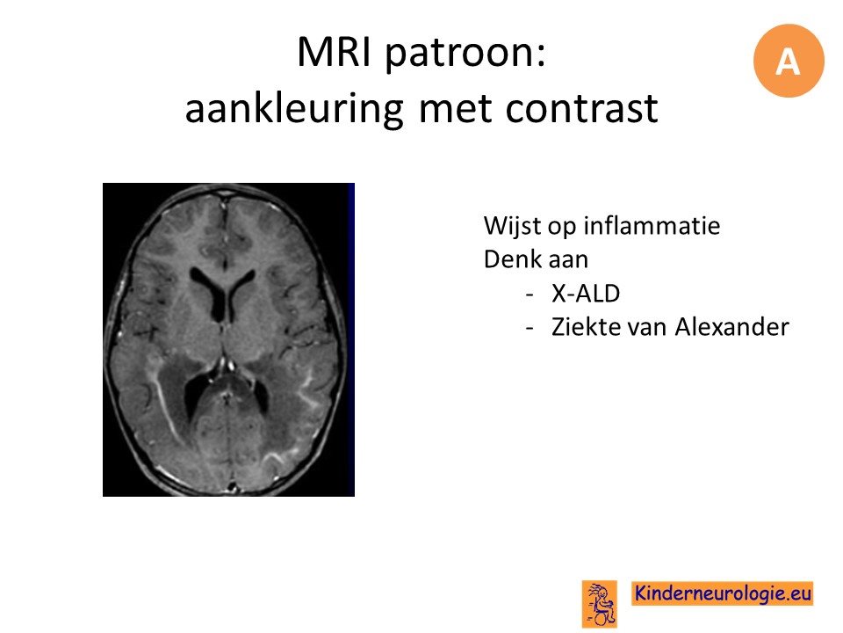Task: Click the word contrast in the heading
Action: pyautogui.click(x=581, y=108)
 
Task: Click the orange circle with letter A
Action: pyautogui.click(x=789, y=61)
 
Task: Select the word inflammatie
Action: pyautogui.click(x=651, y=226)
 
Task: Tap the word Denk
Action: pyautogui.click(x=512, y=258)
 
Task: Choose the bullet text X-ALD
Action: pyautogui.click(x=586, y=294)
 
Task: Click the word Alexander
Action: pyautogui.click(x=731, y=327)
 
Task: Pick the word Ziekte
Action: pyautogui.click(x=581, y=327)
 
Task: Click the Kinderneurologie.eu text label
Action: pyautogui.click(x=722, y=593)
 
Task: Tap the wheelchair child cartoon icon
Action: pyautogui.click(x=600, y=604)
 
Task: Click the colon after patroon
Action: pyautogui.click(x=541, y=56)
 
